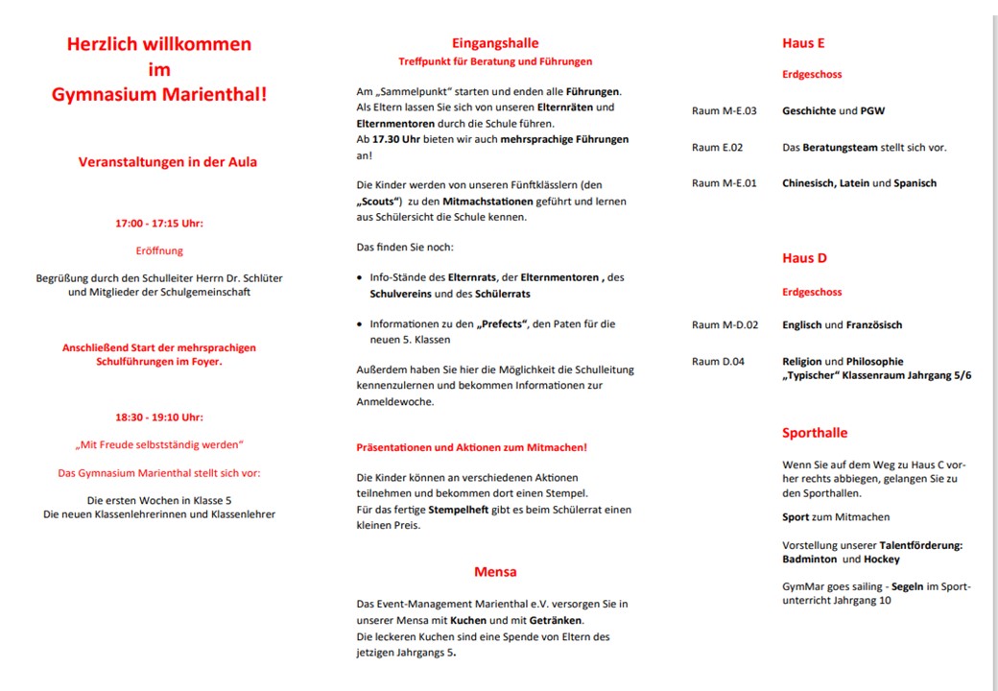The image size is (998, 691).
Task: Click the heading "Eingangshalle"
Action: click(495, 43)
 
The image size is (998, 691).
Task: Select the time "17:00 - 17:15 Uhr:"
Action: click(159, 224)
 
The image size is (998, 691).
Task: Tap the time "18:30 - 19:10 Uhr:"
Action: click(159, 417)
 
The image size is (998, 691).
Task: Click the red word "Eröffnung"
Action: click(159, 250)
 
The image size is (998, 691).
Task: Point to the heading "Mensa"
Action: click(495, 572)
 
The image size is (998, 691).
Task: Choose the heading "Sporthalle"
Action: click(815, 433)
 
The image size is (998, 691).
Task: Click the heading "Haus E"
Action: click(803, 43)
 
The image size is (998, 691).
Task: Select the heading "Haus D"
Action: click(804, 258)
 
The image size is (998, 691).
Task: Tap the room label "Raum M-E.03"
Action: click(725, 111)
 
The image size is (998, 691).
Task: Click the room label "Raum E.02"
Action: click(718, 148)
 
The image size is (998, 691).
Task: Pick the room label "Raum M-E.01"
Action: click(725, 183)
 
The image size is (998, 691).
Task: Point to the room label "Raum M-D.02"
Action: click(725, 325)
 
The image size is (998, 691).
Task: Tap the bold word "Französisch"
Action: click(874, 325)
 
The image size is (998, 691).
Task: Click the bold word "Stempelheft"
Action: click(461, 510)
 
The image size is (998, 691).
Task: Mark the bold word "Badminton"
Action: click(809, 560)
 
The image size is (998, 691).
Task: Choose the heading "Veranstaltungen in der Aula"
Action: click(168, 162)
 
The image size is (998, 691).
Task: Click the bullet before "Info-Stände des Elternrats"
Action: click(359, 278)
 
